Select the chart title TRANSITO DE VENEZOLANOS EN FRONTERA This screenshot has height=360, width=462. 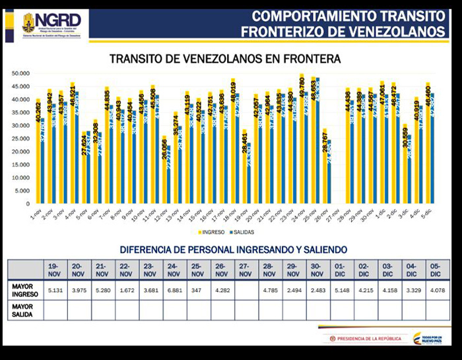tap(224, 59)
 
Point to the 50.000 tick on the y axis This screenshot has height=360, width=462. tap(22, 73)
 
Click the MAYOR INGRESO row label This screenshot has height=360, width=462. tap(24, 291)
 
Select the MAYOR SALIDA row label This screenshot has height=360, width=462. tap(24, 309)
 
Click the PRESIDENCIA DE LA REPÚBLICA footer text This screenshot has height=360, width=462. tap(368, 339)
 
